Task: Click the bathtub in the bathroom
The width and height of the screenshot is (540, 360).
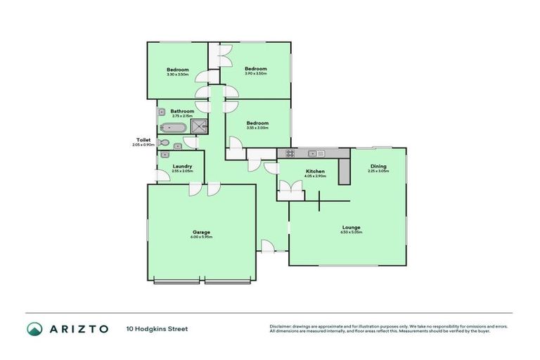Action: [172, 128]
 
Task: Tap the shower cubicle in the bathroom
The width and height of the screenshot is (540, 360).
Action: [200, 127]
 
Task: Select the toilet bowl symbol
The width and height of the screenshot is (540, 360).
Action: [164, 143]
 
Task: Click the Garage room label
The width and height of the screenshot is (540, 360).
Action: [201, 232]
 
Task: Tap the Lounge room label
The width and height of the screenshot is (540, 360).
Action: [352, 227]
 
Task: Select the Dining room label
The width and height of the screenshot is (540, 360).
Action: [378, 167]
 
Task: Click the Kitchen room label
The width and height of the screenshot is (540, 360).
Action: [314, 172]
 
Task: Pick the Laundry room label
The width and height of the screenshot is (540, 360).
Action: [182, 167]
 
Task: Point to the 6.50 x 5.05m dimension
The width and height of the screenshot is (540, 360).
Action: [352, 232]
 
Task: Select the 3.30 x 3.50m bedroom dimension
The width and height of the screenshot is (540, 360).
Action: [178, 75]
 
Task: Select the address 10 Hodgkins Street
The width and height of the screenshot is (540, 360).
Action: [157, 328]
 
